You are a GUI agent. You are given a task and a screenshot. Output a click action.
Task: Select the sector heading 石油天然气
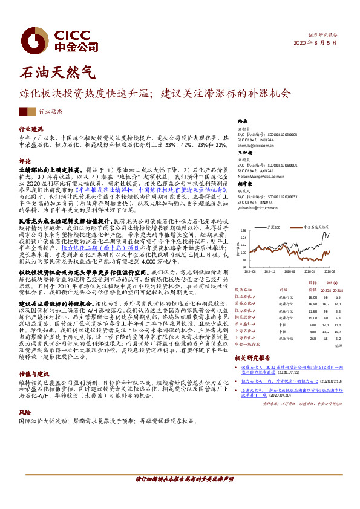57,73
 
